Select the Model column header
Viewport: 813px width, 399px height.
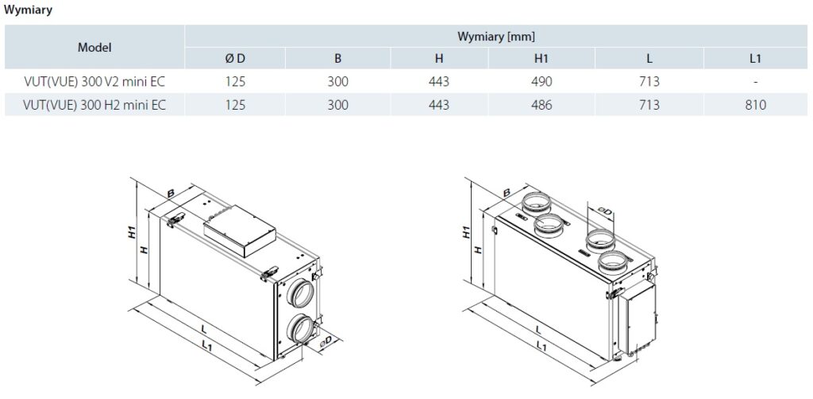tap(94, 47)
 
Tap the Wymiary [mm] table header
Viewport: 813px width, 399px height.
tap(497, 37)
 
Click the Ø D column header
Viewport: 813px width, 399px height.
tap(235, 58)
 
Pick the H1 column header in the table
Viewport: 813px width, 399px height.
tap(542, 58)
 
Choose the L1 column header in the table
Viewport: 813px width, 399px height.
tap(755, 58)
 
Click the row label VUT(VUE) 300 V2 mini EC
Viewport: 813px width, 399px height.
tap(94, 81)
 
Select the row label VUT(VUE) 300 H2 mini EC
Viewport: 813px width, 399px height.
tap(94, 104)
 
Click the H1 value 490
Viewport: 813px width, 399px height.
tap(542, 81)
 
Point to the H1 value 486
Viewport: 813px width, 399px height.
tap(542, 104)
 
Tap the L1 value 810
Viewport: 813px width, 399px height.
tap(755, 104)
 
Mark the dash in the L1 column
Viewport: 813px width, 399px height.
tap(755, 81)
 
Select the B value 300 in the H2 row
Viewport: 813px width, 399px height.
tap(337, 104)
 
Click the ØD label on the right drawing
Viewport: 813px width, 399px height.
tap(604, 211)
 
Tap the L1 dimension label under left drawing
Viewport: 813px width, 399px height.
tap(206, 346)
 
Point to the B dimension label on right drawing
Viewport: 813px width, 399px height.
tap(507, 191)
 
